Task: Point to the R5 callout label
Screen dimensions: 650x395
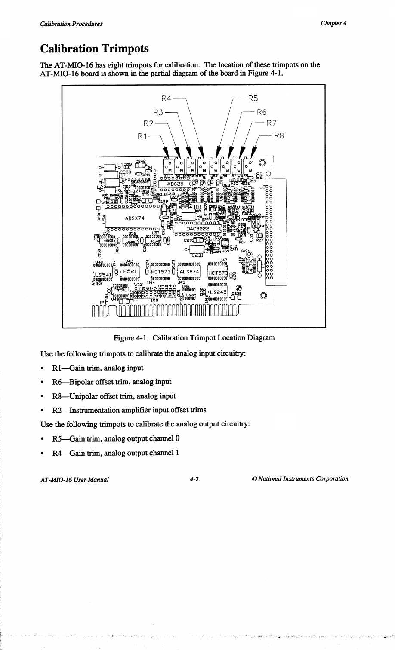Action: (253, 98)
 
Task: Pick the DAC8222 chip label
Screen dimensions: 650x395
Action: (197, 229)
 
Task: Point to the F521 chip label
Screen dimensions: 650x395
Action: (130, 271)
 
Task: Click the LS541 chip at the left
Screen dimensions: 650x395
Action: (104, 274)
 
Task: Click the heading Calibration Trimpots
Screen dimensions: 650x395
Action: (94, 48)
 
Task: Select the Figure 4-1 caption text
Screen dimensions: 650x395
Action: (194, 338)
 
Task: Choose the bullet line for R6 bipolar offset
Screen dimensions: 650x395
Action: (111, 382)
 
